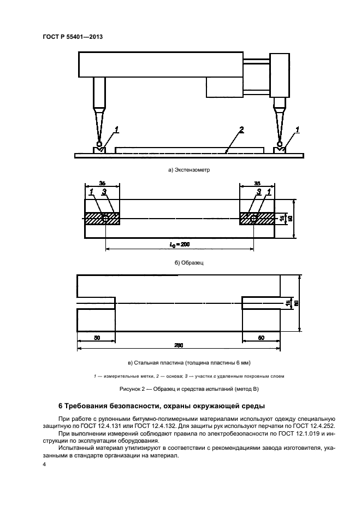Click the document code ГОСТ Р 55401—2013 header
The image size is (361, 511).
73,37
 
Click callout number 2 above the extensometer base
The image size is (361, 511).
240,130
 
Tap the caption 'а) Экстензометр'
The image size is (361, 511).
189,170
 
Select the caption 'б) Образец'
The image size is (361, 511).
188,262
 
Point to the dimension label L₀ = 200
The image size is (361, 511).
180,244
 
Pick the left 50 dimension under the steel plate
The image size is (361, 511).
97,338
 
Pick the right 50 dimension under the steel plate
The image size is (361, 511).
261,338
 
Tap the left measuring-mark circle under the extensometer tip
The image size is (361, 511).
98,144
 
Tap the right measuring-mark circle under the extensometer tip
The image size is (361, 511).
280,144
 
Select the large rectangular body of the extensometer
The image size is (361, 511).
161,64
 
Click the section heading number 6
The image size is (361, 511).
60,406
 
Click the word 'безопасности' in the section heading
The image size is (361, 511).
142,406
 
